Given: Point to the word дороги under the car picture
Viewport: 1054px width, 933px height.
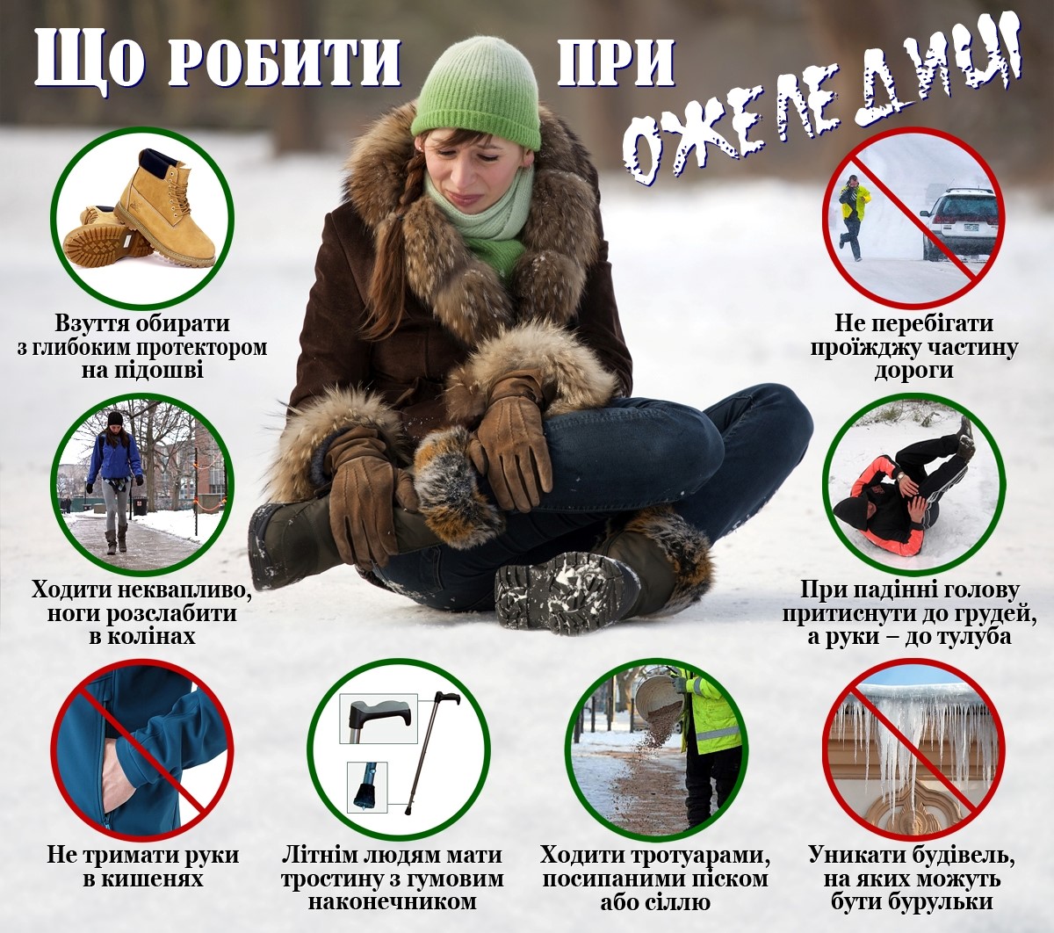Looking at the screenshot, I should (913, 371).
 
